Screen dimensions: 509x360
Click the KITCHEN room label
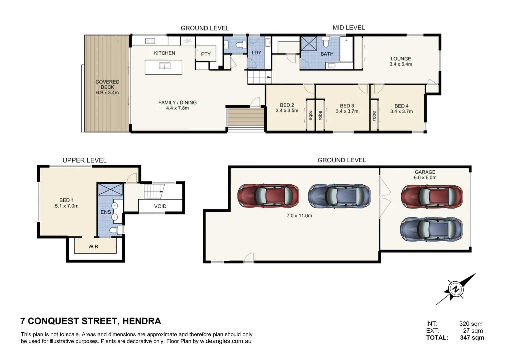165,53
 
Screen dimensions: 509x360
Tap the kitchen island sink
165,66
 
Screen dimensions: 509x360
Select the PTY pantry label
206,54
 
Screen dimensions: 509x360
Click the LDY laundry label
257,53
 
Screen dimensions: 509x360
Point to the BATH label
327,54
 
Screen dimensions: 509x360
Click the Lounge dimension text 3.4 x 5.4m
401,64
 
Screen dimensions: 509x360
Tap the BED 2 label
287,105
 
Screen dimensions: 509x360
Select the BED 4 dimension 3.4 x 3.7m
402,111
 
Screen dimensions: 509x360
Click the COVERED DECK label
107,84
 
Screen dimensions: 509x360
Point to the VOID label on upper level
160,206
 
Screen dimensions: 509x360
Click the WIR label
93,246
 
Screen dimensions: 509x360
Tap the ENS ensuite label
106,212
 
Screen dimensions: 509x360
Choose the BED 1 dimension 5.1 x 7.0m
67,206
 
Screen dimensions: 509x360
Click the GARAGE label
425,172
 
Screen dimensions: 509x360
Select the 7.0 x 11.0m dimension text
299,215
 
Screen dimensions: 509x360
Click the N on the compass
455,289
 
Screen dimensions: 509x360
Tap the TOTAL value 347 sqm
472,337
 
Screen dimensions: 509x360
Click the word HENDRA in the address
142,321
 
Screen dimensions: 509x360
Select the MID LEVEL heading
349,28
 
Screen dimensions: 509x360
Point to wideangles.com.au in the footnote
226,341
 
